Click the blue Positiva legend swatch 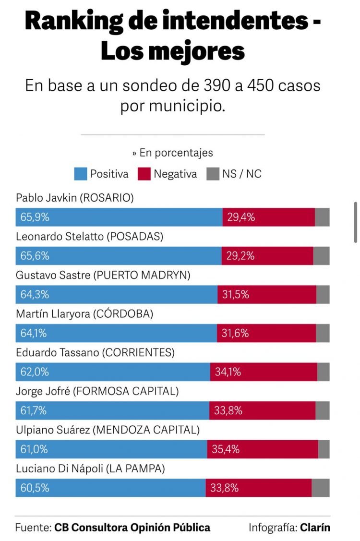[81, 174]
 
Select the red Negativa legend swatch [144, 174]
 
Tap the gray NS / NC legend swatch [213, 174]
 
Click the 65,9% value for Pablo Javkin [35, 217]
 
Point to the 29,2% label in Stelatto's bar [240, 256]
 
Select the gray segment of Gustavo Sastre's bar [323, 294]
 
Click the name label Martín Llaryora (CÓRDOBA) [84, 314]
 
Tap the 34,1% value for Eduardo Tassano [228, 372]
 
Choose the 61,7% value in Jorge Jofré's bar [34, 410]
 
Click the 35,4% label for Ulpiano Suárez [226, 449]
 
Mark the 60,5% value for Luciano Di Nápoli [35, 488]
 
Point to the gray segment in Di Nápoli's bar [320, 488]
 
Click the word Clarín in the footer [315, 527]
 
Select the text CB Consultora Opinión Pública [132, 527]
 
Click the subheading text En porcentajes [176, 153]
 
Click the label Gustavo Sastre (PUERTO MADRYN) [103, 275]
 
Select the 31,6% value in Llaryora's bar [235, 333]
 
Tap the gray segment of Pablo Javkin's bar [322, 217]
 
